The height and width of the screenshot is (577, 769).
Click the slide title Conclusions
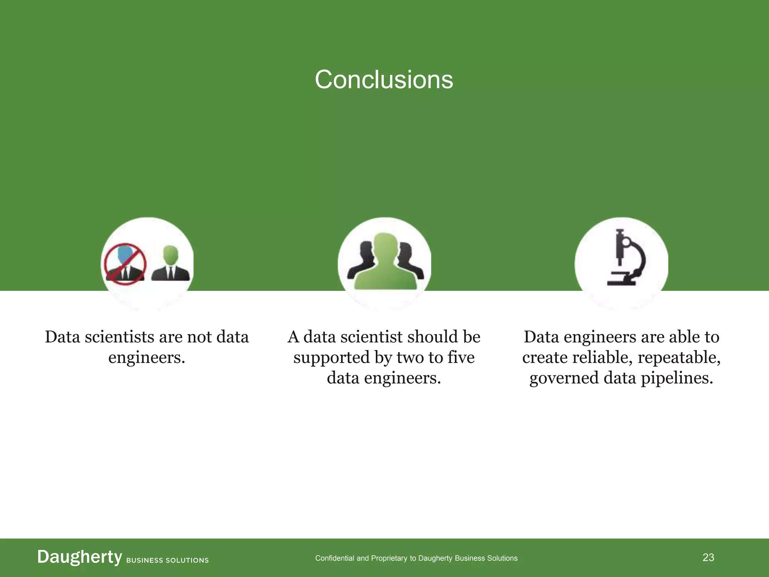[384, 80]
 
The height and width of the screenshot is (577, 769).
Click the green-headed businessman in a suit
[170, 264]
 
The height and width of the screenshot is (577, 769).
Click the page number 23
[708, 557]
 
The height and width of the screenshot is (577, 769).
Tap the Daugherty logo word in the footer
[80, 557]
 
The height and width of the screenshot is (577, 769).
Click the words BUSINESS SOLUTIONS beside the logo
[167, 560]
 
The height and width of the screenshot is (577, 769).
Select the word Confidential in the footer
[335, 558]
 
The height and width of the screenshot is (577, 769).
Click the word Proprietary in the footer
[389, 558]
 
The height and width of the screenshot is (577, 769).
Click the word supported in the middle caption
[331, 358]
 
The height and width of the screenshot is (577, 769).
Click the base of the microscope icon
[622, 282]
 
